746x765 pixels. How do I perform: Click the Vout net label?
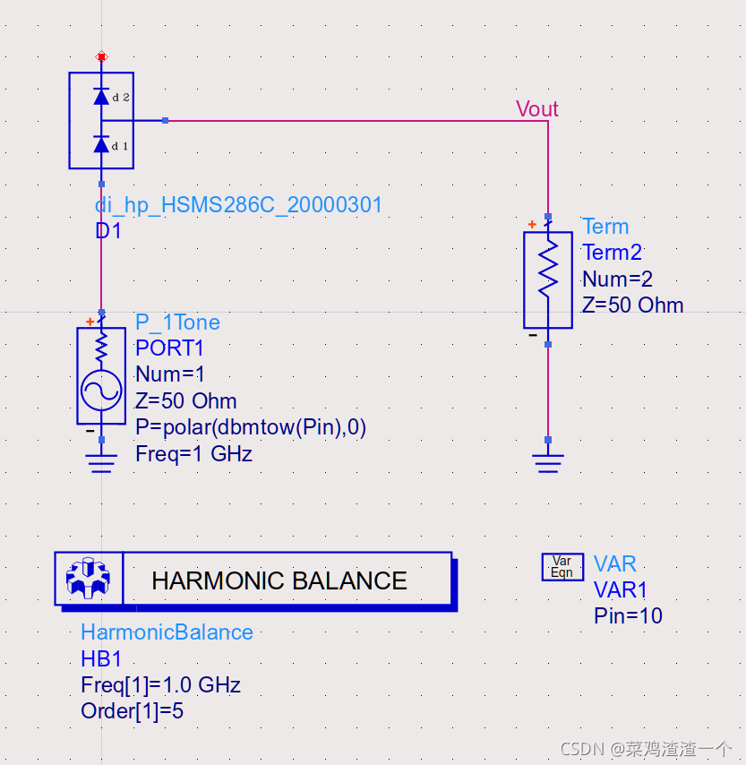(536, 109)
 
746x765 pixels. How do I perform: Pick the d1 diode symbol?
(101, 144)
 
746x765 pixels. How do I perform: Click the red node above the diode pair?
(101, 56)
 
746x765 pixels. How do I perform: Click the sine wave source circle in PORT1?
(101, 390)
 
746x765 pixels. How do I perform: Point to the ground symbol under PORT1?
(101, 461)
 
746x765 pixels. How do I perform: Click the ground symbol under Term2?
(547, 461)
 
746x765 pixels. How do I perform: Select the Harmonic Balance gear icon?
(88, 580)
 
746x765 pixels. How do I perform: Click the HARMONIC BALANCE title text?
(279, 580)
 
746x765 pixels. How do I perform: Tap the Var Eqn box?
(562, 567)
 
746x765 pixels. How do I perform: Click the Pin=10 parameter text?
(628, 615)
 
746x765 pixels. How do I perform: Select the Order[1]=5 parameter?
(133, 711)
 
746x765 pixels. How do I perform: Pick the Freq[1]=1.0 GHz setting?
(160, 686)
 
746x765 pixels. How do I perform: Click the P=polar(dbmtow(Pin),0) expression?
(251, 426)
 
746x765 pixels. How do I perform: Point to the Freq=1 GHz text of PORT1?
(193, 453)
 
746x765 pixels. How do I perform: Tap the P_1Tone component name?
(177, 322)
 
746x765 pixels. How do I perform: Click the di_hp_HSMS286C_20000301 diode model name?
(239, 205)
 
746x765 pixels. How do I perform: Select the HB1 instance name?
(101, 659)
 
